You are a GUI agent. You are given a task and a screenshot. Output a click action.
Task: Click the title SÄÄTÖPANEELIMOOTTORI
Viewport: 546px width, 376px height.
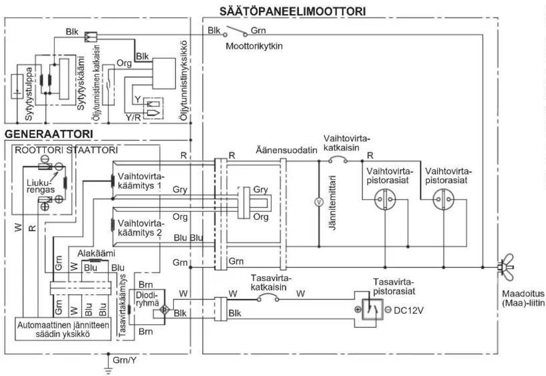(293, 11)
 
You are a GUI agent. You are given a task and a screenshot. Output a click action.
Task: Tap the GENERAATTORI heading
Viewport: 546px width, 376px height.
(49, 134)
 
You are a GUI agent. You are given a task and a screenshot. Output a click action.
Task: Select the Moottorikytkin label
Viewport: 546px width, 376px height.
(254, 46)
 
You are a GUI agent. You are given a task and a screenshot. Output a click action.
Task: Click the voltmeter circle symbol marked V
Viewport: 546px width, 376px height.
(318, 201)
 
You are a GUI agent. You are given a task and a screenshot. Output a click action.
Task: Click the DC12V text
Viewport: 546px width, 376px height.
(408, 310)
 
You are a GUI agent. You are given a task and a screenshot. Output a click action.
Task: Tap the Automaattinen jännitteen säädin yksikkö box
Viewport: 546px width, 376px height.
(63, 329)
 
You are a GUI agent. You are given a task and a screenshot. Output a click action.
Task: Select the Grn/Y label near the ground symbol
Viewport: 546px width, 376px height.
(125, 360)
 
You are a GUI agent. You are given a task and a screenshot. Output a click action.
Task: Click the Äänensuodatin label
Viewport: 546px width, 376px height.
(286, 151)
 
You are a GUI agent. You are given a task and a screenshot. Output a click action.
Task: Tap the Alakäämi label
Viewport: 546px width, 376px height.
(96, 253)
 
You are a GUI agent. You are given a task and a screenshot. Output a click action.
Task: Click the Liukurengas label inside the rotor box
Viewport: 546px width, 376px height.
(41, 187)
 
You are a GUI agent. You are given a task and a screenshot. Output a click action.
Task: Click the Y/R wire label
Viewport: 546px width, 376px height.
(133, 117)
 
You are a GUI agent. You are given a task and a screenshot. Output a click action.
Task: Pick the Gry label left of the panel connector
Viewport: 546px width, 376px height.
(180, 189)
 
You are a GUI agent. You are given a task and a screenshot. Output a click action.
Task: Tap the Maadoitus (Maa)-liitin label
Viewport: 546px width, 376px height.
(523, 298)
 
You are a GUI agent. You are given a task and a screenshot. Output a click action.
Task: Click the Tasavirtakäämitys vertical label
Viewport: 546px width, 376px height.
(123, 306)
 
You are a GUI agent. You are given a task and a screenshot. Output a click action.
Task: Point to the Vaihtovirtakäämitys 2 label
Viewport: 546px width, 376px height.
(140, 228)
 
